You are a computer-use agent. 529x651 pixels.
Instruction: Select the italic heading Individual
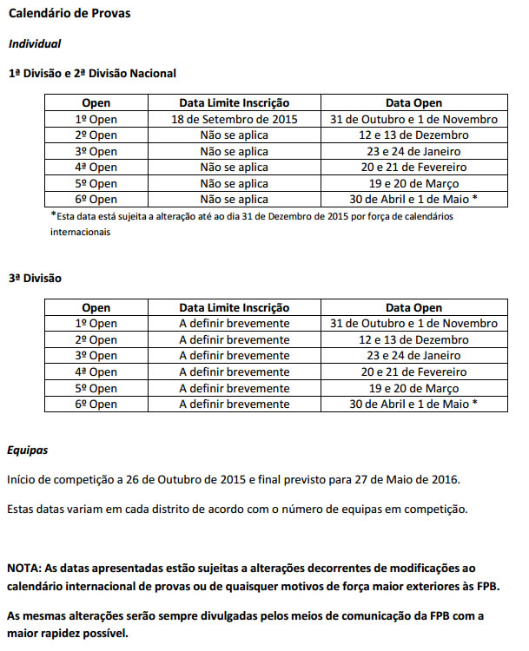click(x=35, y=43)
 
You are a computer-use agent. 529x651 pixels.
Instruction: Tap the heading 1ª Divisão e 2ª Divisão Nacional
click(x=92, y=74)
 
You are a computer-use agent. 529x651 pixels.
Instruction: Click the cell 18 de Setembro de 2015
click(x=234, y=119)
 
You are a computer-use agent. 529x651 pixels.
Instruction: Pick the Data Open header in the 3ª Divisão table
click(x=413, y=308)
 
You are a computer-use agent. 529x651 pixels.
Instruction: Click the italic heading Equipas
click(x=28, y=450)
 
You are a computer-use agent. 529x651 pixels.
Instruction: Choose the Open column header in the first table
click(x=96, y=103)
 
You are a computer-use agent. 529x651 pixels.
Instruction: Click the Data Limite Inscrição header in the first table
click(x=234, y=103)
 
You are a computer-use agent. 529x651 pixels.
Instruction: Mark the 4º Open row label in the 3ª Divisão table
click(x=96, y=372)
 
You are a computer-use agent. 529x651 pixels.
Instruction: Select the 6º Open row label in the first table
click(x=96, y=199)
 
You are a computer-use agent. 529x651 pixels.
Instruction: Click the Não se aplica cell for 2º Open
click(x=234, y=135)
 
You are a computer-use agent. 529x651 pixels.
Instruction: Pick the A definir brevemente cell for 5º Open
click(x=234, y=388)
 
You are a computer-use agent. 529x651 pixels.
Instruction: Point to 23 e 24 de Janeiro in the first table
click(x=413, y=151)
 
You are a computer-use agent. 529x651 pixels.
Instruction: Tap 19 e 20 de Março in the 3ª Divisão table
click(x=413, y=388)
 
